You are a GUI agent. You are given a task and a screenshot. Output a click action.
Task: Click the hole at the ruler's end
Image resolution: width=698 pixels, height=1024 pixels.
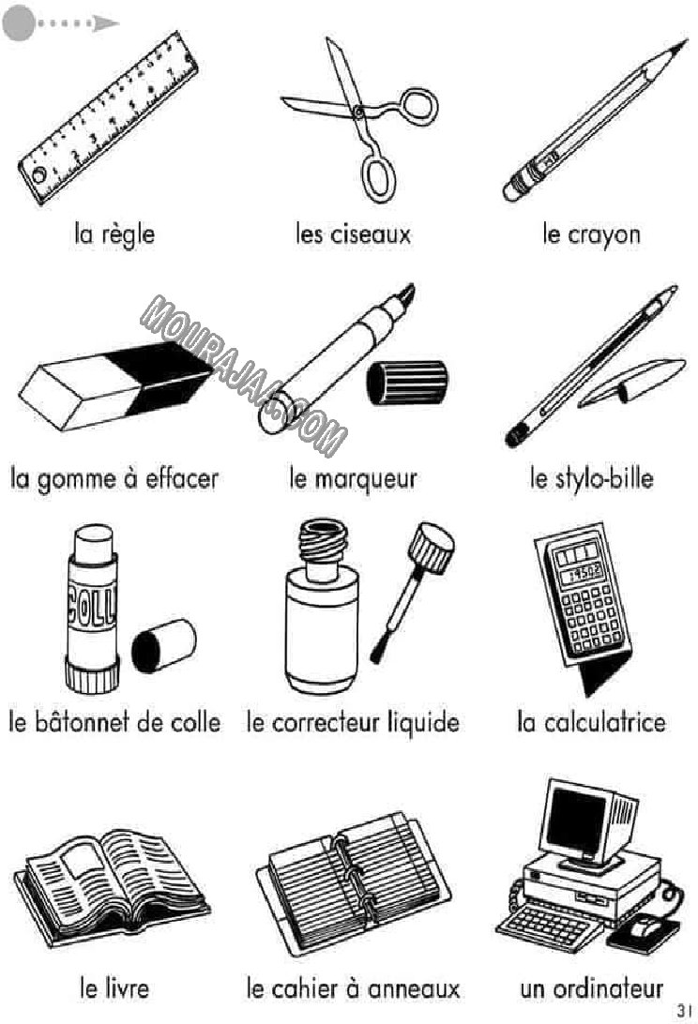coord(39,175)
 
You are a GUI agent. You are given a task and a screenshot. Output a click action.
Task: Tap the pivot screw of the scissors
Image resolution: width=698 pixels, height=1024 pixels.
coord(358,113)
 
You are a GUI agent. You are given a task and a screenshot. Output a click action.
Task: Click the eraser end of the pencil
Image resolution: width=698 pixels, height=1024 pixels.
coord(511,190)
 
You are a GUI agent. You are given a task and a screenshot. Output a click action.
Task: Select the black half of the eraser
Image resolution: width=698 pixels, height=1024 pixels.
coord(160,377)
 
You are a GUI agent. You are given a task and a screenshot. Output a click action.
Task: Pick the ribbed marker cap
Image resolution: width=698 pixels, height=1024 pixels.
coord(406,382)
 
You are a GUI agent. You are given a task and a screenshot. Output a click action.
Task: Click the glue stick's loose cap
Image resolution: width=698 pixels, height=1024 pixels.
coord(163,646)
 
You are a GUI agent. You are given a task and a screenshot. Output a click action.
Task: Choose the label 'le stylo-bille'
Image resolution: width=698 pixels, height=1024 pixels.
coord(591,478)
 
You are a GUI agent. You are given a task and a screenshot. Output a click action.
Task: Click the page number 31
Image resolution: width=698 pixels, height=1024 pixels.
coord(684,1010)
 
